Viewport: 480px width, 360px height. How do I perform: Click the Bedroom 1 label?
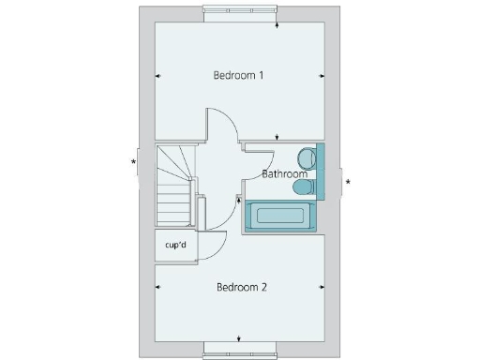click(x=239, y=75)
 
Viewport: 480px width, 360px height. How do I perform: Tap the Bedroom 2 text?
click(x=242, y=287)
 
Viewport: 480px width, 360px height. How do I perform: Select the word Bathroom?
click(x=284, y=174)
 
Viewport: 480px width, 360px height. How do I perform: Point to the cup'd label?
click(x=176, y=246)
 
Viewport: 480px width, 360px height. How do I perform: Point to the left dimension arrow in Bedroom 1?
click(x=157, y=76)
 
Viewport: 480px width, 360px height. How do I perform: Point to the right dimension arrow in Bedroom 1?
click(x=322, y=76)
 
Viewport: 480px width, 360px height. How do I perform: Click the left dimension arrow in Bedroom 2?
click(x=157, y=287)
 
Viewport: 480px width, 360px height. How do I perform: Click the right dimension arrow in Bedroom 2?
click(x=322, y=287)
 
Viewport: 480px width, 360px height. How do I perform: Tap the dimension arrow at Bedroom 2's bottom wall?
click(x=240, y=338)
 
